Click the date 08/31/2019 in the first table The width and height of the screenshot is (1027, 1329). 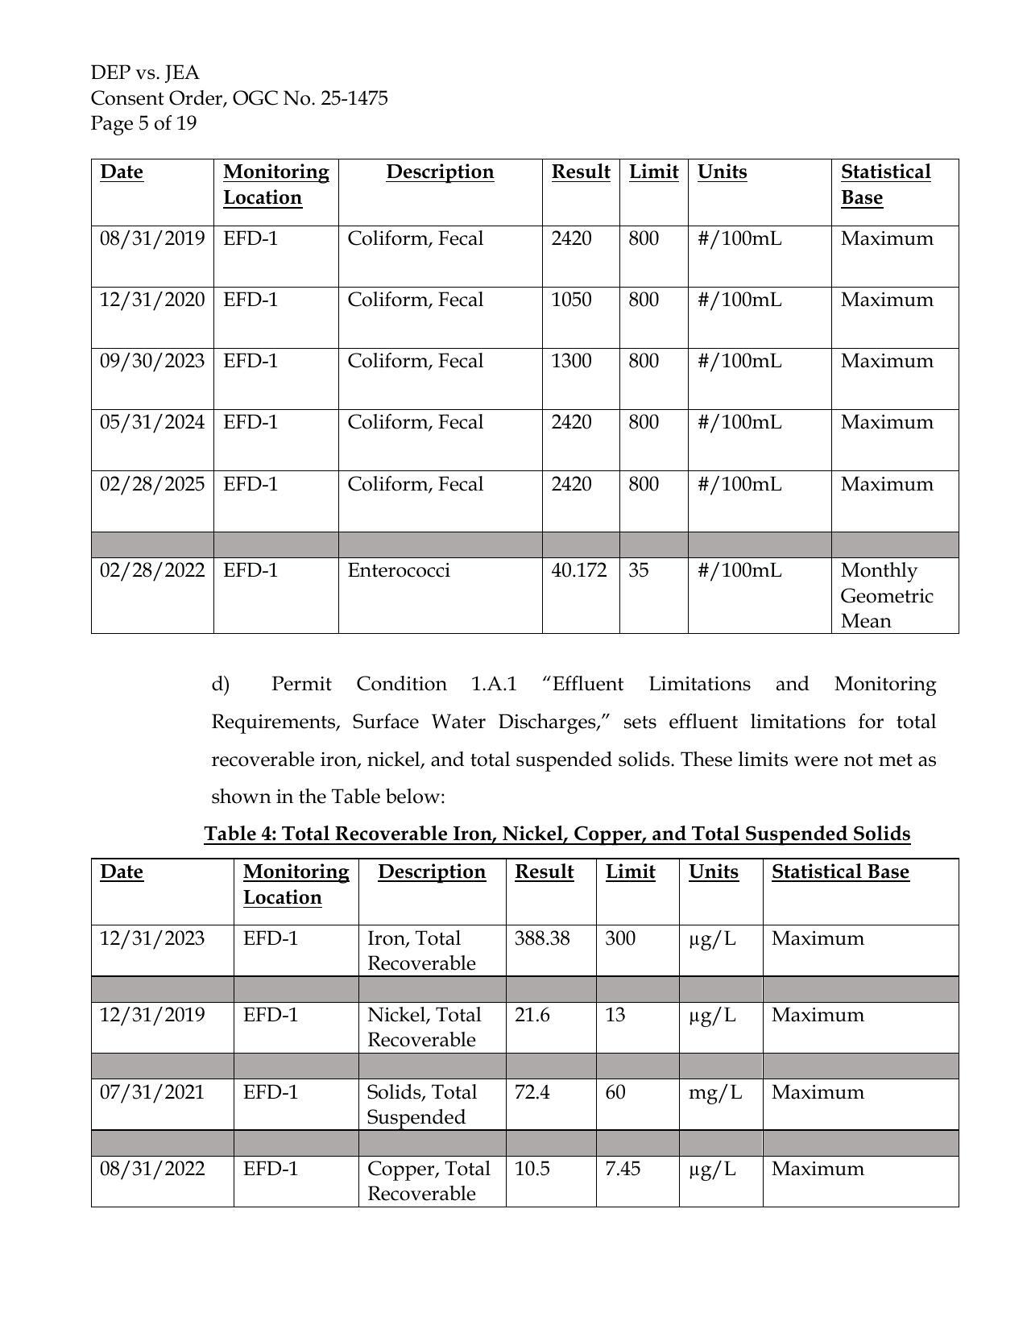(x=152, y=239)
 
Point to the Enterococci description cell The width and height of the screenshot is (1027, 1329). (x=399, y=571)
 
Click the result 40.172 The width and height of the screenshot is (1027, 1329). (x=578, y=571)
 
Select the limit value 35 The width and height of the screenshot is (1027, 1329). (x=639, y=571)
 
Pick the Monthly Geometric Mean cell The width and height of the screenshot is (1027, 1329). (x=886, y=596)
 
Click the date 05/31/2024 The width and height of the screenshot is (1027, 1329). (x=152, y=423)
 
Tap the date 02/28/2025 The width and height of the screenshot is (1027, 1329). (x=152, y=485)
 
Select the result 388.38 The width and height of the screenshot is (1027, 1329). (x=541, y=939)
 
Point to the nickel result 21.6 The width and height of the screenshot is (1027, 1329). (x=532, y=1016)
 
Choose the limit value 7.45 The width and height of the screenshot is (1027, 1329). (x=623, y=1170)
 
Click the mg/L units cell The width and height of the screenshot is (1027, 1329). (x=714, y=1093)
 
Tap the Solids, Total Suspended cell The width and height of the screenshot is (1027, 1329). (x=421, y=1105)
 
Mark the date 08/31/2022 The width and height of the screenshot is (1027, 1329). (x=152, y=1170)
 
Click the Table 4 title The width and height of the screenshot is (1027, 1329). (x=557, y=834)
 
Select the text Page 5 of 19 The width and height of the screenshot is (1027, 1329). (x=143, y=124)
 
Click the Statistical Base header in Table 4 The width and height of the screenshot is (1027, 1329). (x=840, y=872)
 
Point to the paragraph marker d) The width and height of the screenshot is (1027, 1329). (x=221, y=685)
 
